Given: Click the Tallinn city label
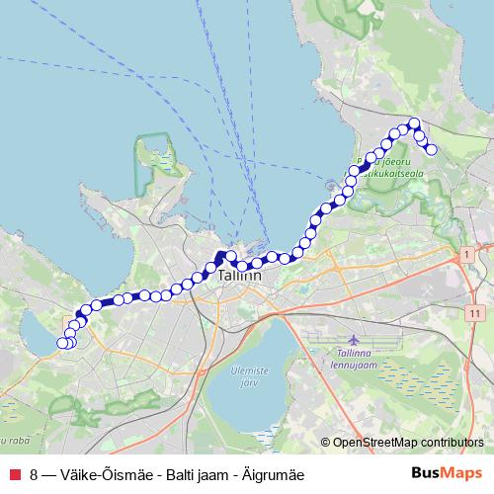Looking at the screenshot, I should coord(239,278).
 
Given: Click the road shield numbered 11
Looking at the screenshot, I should coord(476,314).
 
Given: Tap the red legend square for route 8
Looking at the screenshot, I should coord(14,473).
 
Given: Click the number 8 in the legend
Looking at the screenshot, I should coord(35,473).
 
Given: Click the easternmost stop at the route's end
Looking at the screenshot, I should coord(431,150).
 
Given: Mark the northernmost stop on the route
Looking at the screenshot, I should coord(414,123).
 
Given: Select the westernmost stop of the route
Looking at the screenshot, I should coord(62,343).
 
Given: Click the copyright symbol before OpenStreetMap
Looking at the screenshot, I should coord(326,442).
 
